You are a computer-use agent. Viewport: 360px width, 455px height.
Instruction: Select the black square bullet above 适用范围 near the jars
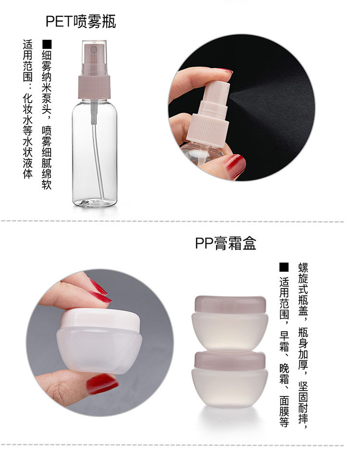pyautogui.click(x=284, y=267)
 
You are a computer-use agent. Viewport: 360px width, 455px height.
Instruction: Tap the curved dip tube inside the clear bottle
pyautogui.click(x=98, y=158)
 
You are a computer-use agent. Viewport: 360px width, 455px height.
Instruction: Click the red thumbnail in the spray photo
pyautogui.click(x=234, y=166)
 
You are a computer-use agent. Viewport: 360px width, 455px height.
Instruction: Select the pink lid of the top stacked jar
pyautogui.click(x=230, y=304)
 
